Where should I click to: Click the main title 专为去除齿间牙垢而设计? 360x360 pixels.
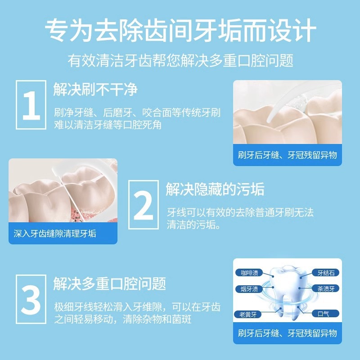point(180,31)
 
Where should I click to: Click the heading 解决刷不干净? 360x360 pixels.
point(95,89)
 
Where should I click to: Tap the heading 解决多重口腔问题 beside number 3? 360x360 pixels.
point(110,283)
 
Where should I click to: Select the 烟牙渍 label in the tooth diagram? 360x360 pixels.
point(249,289)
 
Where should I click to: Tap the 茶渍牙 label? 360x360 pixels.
point(326,289)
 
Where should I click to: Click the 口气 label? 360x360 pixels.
point(324,314)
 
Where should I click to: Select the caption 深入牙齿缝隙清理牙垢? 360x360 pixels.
point(55,234)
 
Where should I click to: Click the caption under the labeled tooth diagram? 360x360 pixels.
point(287,333)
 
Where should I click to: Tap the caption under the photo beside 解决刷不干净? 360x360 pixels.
point(287,156)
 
